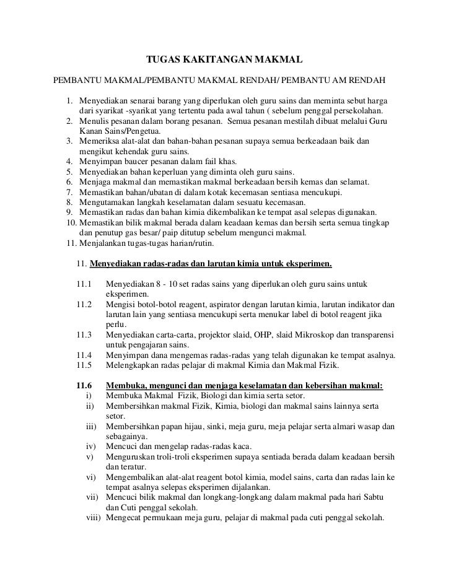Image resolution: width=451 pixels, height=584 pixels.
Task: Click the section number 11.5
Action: click(84, 365)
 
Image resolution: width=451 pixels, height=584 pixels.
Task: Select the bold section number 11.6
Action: click(84, 385)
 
